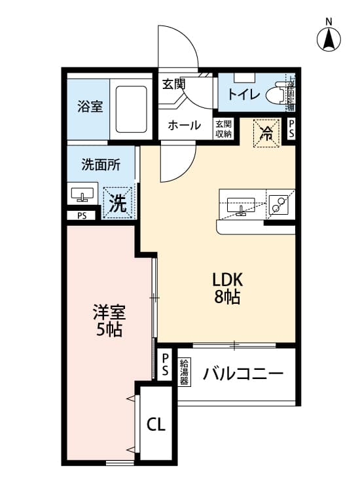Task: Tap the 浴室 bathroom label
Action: pos(91,106)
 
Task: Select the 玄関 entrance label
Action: pos(173,83)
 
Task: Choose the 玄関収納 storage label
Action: pos(223,128)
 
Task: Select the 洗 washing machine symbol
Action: pos(118,202)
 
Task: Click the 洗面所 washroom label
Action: pos(99,165)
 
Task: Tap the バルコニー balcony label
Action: pos(243,374)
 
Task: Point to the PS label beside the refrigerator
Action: pos(291,129)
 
